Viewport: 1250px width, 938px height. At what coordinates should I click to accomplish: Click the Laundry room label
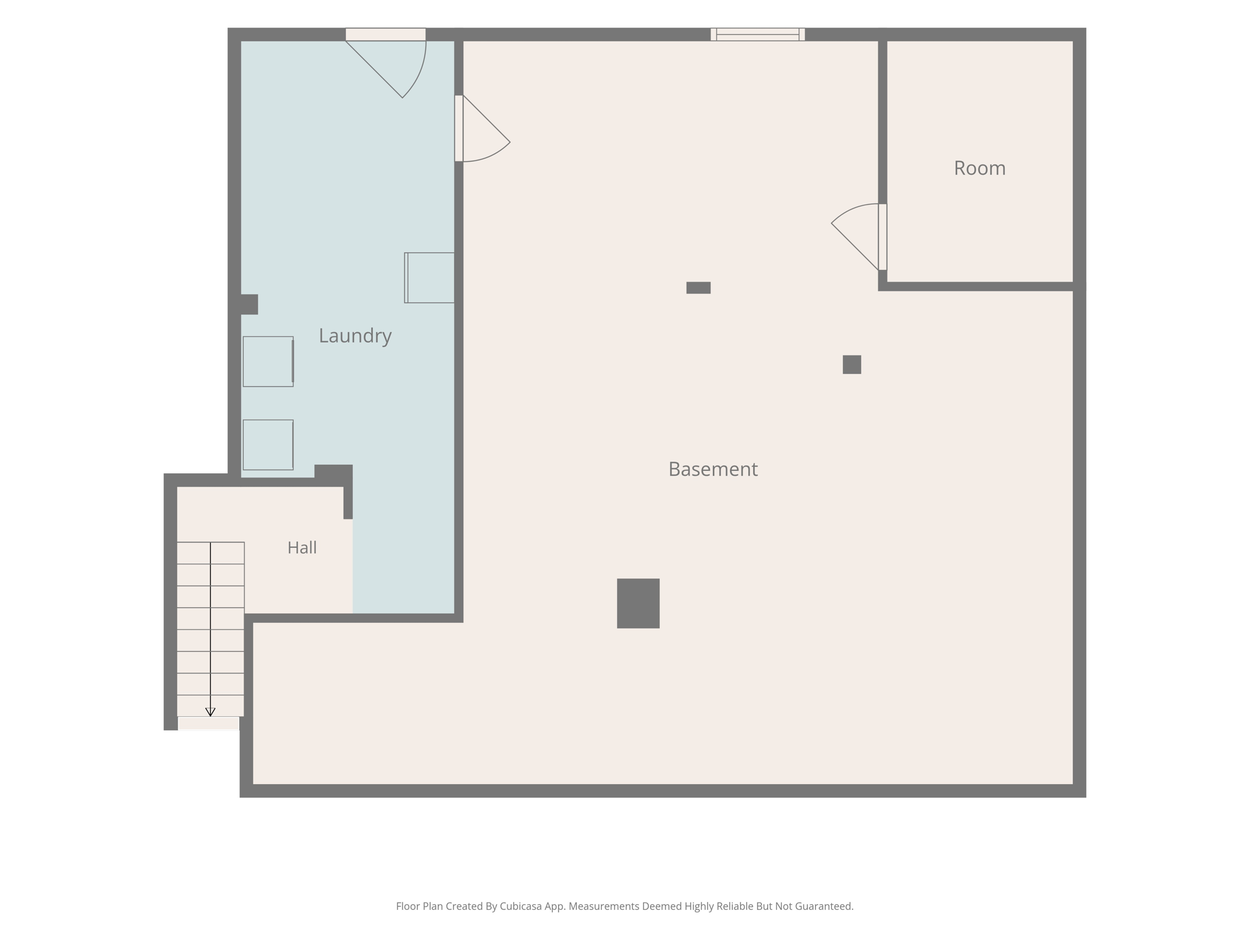pyautogui.click(x=355, y=336)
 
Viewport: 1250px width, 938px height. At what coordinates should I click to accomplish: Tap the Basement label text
pyautogui.click(x=713, y=469)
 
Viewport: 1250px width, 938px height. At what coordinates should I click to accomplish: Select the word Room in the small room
pyautogui.click(x=980, y=168)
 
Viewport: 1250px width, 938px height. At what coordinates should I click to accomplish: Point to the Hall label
pyautogui.click(x=302, y=547)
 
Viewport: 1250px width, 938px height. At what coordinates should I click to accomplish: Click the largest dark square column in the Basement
pyautogui.click(x=638, y=603)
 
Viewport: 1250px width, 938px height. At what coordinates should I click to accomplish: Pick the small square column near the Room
pyautogui.click(x=851, y=365)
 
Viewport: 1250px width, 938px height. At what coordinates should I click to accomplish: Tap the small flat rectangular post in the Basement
pyautogui.click(x=698, y=288)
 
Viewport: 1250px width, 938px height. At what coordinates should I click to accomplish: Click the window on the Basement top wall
pyautogui.click(x=757, y=34)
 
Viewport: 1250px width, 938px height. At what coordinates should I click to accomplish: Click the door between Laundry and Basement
pyautogui.click(x=482, y=128)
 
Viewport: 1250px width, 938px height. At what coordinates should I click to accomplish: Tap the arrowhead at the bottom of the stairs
pyautogui.click(x=210, y=712)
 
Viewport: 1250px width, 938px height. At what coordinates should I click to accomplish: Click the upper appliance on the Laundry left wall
pyautogui.click(x=268, y=362)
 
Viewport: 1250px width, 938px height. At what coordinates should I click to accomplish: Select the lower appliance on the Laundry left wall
pyautogui.click(x=268, y=445)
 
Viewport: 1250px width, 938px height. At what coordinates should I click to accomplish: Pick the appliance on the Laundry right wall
pyautogui.click(x=429, y=278)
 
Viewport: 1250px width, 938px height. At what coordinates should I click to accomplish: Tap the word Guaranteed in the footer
pyautogui.click(x=823, y=906)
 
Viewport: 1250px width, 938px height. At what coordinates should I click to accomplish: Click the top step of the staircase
pyautogui.click(x=211, y=553)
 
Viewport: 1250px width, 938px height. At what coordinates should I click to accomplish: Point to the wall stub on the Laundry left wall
pyautogui.click(x=249, y=304)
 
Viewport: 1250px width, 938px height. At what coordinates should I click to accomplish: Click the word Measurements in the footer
pyautogui.click(x=604, y=906)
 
